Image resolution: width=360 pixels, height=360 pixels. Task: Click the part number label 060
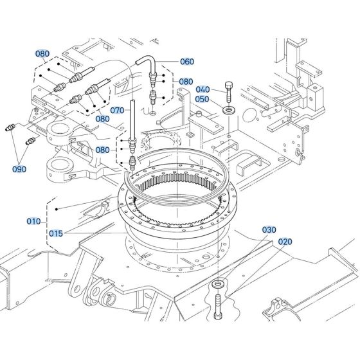pos(186,62)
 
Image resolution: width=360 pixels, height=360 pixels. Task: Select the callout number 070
pos(116,110)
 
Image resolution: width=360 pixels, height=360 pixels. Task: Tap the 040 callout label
pos(203,89)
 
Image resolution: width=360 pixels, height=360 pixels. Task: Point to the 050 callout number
pos(202,100)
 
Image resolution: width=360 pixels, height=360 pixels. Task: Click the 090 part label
pos(20,170)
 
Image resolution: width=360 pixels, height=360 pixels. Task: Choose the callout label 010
pos(33,222)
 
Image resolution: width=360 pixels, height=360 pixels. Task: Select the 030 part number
pos(269,230)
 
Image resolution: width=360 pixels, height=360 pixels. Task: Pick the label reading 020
pos(285,242)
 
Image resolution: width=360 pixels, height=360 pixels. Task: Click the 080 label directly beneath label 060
pos(186,82)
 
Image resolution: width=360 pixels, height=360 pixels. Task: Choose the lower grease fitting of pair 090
pos(30,141)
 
